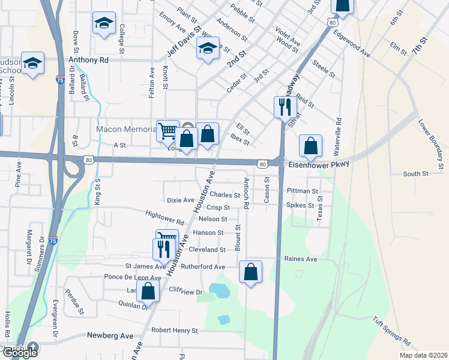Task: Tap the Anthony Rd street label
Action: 88,60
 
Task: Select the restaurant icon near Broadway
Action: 284,107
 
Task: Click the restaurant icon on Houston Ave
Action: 162,248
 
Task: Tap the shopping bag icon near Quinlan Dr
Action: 148,291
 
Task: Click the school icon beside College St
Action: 104,23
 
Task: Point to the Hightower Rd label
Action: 164,214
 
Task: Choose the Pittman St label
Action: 302,191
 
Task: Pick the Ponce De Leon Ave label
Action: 133,277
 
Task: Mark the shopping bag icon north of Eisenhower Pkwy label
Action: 310,145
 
